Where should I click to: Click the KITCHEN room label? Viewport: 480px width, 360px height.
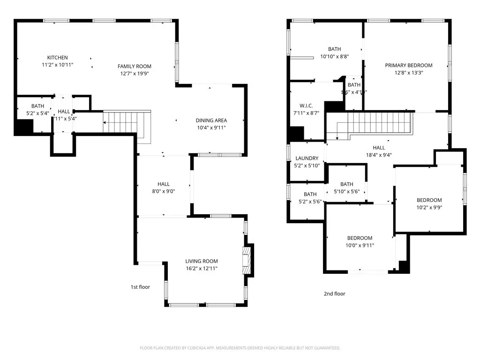pos(57,58)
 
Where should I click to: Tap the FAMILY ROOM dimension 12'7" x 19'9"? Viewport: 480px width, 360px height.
pos(135,73)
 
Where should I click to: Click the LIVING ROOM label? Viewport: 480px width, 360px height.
pos(201,261)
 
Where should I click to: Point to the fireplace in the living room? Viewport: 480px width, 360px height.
pos(247,261)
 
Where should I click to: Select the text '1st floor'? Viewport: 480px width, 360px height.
pos(140,287)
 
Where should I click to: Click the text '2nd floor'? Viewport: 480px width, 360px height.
pos(334,294)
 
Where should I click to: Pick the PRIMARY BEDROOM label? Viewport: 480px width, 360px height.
pos(408,65)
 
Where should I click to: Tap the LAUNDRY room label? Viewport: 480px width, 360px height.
pos(307,158)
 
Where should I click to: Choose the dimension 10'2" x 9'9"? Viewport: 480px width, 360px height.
pos(429,207)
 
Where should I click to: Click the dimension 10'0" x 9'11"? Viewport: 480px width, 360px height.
pos(360,245)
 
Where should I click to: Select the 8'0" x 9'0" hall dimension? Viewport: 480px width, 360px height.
pos(164,191)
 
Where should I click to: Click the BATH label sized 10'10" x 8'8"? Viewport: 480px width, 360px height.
pos(334,56)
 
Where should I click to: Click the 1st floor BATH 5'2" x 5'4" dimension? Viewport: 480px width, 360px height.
pos(37,113)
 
